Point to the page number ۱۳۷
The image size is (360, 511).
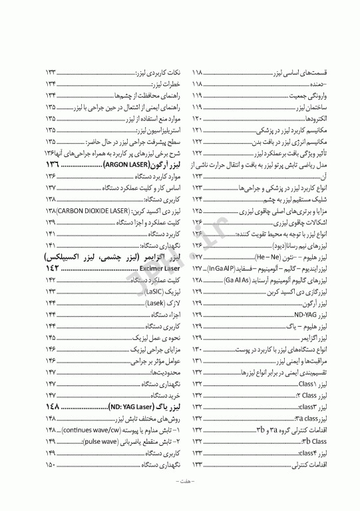click(x=51, y=187)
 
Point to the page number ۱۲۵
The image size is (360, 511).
click(x=198, y=210)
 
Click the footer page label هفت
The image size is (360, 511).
click(x=180, y=497)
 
